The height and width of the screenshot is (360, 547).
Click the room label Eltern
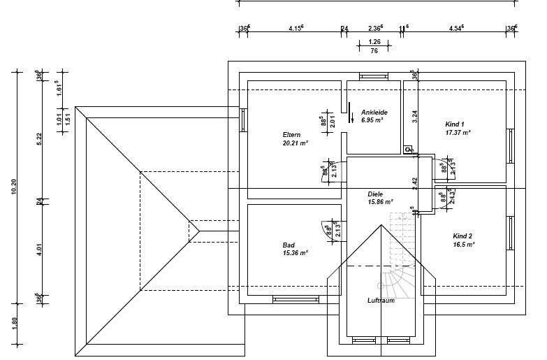pos(291,134)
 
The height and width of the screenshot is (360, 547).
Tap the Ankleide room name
pos(374,113)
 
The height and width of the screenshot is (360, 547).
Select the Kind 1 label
pos(455,123)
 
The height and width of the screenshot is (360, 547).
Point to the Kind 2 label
pos(462,236)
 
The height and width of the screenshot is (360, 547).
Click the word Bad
pos(289,245)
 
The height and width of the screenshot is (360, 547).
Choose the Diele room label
pos(377,194)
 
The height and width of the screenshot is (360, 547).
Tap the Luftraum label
pos(381,301)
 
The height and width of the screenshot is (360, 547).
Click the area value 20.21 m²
pos(296,143)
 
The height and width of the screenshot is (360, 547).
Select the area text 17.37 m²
pos(458,131)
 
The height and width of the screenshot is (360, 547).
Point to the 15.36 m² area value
pos(296,253)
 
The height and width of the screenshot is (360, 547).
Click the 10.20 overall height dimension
pos(14,189)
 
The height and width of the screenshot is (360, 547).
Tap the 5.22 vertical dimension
pos(40,138)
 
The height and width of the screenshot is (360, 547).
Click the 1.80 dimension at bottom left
pos(14,324)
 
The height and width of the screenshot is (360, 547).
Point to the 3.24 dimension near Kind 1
pos(414,117)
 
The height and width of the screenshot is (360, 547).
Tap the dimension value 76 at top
pos(374,51)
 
